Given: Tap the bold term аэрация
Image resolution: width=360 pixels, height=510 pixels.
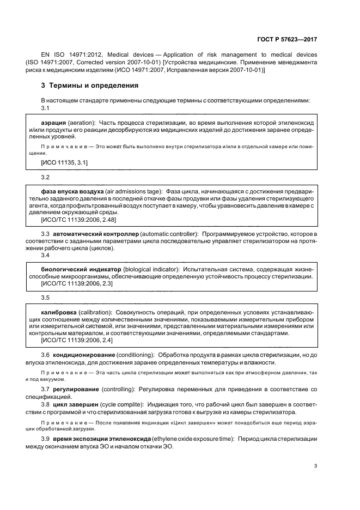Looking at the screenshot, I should click(x=54, y=124).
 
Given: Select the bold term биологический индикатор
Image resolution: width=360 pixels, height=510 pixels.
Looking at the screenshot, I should click(x=80, y=269).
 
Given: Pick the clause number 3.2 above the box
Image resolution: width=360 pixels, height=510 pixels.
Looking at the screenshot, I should click(x=45, y=178).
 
